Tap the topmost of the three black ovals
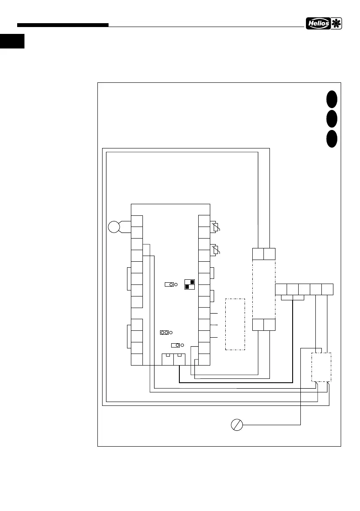(x=331, y=99)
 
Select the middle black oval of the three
(x=331, y=118)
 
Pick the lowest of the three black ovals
(x=331, y=138)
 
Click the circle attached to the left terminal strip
(x=114, y=227)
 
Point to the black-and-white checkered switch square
(x=189, y=284)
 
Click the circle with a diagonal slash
(x=236, y=425)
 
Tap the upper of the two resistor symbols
(x=216, y=227)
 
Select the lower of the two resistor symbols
(x=216, y=249)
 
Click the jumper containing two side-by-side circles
(x=164, y=333)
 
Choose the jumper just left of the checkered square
(x=169, y=284)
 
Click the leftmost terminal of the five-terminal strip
(x=281, y=289)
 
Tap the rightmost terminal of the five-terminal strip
(x=328, y=289)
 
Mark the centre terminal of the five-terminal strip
(x=304, y=289)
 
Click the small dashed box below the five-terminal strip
(x=321, y=367)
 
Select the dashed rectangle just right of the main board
(x=235, y=324)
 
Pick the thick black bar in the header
(x=63, y=25)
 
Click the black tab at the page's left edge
(x=12, y=42)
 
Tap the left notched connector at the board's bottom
(x=167, y=359)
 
